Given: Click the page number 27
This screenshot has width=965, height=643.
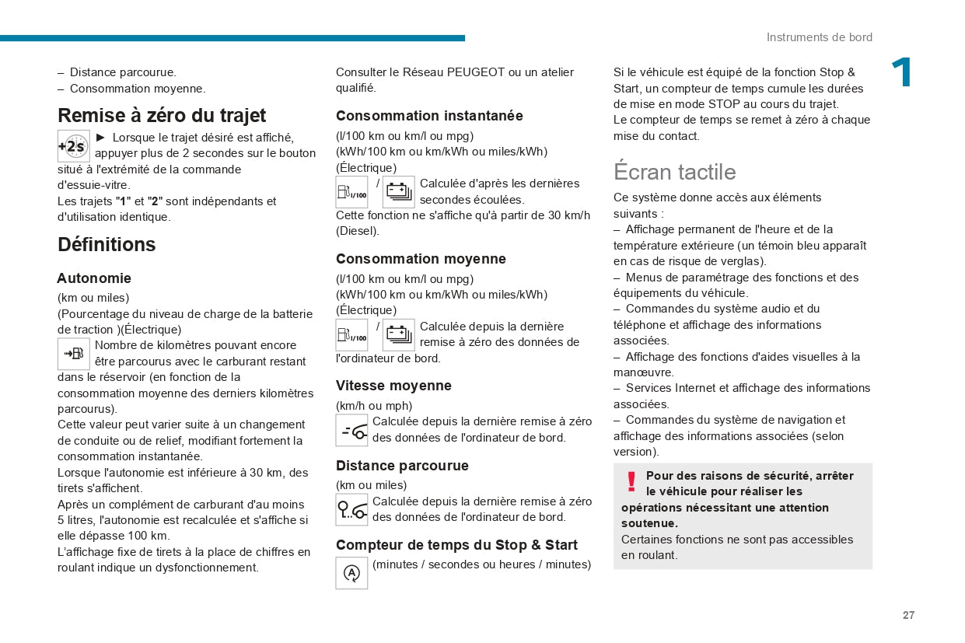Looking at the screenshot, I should [908, 615].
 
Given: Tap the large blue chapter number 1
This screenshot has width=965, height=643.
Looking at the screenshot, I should [901, 74].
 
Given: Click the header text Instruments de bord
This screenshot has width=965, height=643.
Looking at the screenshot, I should [819, 37].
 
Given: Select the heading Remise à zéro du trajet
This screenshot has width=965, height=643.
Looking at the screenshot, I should [162, 115].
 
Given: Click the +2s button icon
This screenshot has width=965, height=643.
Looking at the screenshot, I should [74, 146].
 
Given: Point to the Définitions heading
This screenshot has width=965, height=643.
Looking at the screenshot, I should [107, 244].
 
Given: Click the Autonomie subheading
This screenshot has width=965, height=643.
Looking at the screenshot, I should [94, 278].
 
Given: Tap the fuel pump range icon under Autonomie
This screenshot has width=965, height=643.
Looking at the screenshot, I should [74, 354].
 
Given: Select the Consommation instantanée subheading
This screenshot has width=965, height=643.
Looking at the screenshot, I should [429, 116].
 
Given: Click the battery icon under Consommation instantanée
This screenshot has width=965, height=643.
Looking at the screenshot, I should [398, 191].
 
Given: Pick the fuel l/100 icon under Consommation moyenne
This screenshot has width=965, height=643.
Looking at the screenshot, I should [351, 335].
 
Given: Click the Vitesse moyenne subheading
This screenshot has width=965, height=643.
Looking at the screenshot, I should [393, 386].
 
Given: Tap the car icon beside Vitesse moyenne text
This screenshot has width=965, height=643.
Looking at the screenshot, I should [351, 430].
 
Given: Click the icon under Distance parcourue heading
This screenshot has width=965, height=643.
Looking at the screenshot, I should [351, 509].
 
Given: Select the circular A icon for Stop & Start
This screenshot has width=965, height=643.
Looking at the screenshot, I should [351, 573].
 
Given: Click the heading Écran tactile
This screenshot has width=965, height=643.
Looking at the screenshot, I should [674, 171].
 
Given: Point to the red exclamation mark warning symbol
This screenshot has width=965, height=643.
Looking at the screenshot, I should [631, 482].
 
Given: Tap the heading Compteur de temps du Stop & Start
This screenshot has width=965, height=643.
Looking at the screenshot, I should [456, 545].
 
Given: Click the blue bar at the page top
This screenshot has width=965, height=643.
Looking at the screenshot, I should [233, 38].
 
